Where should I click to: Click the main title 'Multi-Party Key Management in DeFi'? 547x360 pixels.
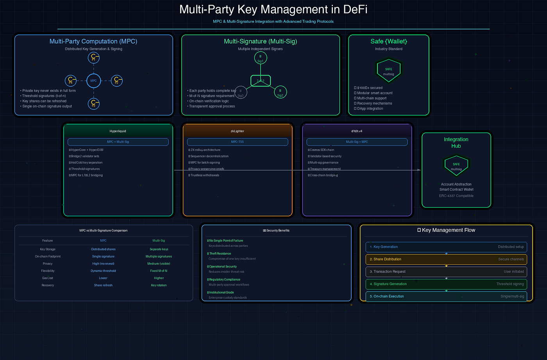273,9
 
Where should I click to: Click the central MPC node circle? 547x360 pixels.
93,81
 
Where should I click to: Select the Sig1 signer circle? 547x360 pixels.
261,58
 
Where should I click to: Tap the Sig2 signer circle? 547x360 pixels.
280,92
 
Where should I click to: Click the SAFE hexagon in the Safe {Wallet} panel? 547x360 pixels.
388,71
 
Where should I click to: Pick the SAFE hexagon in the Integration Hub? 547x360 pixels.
456,166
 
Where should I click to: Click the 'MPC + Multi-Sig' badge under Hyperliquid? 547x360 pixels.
118,142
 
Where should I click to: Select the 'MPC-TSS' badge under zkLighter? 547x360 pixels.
237,142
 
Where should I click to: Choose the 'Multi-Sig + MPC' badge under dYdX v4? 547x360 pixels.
357,142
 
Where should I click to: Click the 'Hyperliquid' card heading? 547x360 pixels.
118,131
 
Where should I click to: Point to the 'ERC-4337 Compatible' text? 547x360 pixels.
456,196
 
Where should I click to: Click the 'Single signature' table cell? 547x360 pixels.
103,256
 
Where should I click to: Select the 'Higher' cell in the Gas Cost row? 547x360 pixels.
159,278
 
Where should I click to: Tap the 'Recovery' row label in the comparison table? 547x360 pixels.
48,285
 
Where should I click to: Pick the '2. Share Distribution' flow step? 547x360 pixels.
446,259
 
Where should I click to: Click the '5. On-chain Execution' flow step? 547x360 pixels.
446,296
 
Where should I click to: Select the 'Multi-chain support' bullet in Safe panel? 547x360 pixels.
372,98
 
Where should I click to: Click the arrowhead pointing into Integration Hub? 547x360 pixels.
419,170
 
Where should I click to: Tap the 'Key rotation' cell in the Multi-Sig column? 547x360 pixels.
159,285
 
